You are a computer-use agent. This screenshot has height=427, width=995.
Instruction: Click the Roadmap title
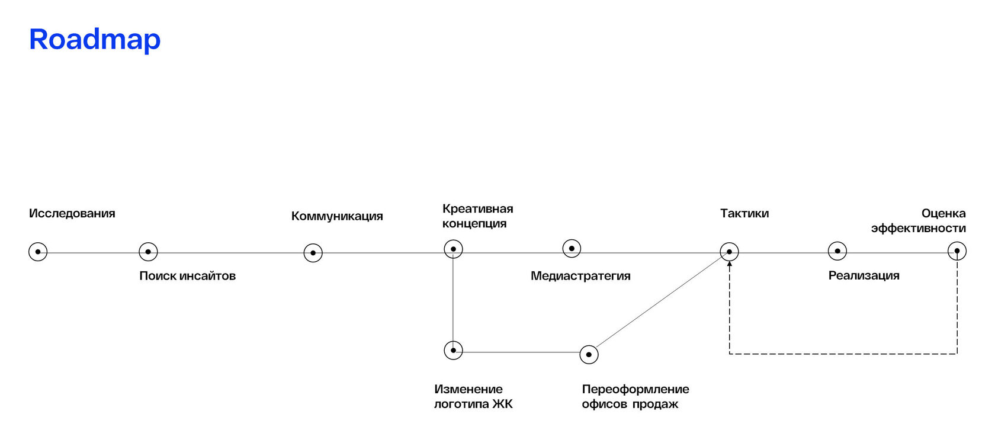pyautogui.click(x=95, y=40)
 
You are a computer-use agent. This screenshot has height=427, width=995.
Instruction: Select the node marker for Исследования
pyautogui.click(x=38, y=252)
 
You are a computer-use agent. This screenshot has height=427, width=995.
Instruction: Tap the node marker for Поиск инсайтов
pyautogui.click(x=148, y=252)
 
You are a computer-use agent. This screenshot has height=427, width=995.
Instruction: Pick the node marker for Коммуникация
pyautogui.click(x=313, y=253)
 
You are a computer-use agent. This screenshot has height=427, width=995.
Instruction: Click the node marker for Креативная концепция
pyautogui.click(x=453, y=249)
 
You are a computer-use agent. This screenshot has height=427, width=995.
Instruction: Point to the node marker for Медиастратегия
pyautogui.click(x=572, y=248)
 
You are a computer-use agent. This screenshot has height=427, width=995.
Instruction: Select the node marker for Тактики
pyautogui.click(x=729, y=252)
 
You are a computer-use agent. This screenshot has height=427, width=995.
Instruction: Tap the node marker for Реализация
pyautogui.click(x=837, y=251)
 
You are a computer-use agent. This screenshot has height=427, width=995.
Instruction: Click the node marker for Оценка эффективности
pyautogui.click(x=957, y=251)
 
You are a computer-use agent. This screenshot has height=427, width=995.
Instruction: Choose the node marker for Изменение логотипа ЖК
pyautogui.click(x=453, y=350)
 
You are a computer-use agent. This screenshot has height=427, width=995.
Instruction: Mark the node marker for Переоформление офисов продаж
pyautogui.click(x=589, y=355)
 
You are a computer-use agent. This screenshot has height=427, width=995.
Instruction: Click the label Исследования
pyautogui.click(x=72, y=214)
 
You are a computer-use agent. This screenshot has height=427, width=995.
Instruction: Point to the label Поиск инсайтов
pyautogui.click(x=187, y=276)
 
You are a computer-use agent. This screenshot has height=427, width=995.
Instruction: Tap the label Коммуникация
pyautogui.click(x=337, y=216)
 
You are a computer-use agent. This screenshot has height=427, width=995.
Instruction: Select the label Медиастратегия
pyautogui.click(x=580, y=276)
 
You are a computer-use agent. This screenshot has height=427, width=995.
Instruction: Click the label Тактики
pyautogui.click(x=744, y=214)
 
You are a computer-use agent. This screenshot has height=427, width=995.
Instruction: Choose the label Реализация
pyautogui.click(x=864, y=275)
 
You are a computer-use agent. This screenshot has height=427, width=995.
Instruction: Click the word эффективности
pyautogui.click(x=918, y=229)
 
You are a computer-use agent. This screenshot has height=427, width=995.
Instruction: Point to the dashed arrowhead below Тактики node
pyautogui.click(x=729, y=264)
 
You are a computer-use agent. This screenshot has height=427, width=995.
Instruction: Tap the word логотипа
pyautogui.click(x=460, y=404)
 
